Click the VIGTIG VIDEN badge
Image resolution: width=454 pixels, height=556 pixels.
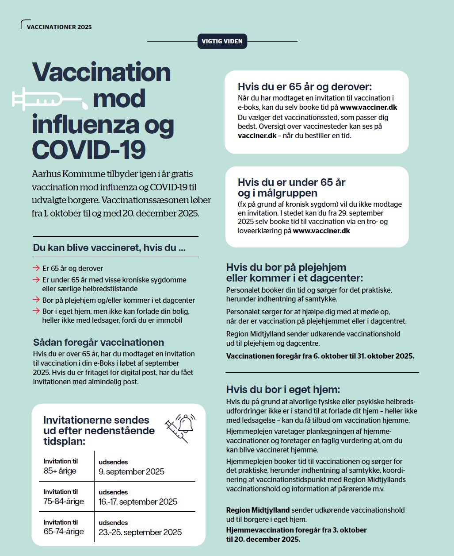222,41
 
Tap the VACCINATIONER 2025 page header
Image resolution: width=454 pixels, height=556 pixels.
59,27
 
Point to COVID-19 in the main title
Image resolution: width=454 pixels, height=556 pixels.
89,149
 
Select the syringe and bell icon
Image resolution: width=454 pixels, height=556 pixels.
179,428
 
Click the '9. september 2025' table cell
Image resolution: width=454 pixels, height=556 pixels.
131,471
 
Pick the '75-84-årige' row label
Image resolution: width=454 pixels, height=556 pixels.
64,501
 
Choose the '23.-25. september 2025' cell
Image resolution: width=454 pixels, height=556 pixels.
140,532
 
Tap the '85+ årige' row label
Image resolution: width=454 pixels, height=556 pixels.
60,471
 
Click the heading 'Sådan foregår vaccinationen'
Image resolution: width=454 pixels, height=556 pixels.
99,342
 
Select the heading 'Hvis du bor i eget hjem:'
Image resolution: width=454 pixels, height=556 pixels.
283,390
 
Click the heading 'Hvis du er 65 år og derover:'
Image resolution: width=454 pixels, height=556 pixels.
305,87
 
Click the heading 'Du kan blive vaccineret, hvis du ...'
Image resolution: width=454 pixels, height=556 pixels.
109,248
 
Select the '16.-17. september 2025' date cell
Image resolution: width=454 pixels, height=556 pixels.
137,502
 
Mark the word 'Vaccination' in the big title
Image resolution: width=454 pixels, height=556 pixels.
101,72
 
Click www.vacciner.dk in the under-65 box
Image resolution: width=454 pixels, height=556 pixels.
321,231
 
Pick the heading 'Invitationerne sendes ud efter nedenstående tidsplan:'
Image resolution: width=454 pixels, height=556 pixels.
99,430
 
